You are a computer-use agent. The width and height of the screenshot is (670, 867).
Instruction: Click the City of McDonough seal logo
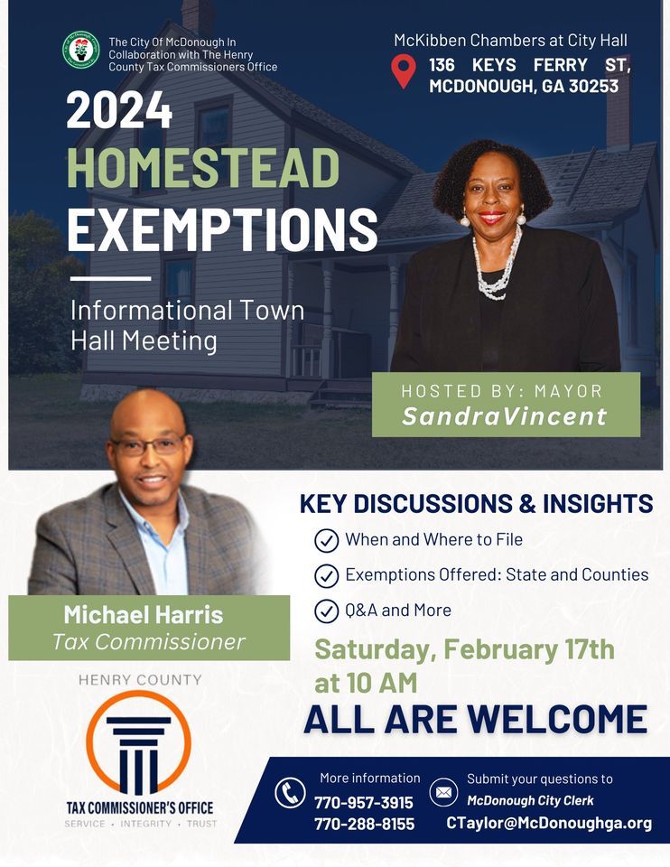81,51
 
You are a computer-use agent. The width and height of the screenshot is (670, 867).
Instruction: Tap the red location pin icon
404,71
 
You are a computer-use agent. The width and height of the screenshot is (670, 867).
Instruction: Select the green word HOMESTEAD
203,169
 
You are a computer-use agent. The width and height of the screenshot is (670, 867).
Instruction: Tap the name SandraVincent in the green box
505,416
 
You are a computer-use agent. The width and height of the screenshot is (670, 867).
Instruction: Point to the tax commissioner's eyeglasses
147,445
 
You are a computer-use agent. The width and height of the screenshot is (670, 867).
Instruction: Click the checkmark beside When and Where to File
325,540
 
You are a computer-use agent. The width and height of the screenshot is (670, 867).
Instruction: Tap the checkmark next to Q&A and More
325,611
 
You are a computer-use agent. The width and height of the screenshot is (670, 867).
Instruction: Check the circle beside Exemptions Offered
325,575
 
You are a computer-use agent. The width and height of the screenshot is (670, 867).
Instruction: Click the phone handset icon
291,794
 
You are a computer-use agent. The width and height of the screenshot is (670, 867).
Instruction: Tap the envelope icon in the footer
443,793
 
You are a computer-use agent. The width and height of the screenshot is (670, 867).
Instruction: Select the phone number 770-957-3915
363,802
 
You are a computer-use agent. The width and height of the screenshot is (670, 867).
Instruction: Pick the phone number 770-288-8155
363,824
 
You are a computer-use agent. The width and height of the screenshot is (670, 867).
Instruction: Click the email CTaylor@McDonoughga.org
548,823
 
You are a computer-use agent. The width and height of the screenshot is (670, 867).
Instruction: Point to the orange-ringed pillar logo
138,742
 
